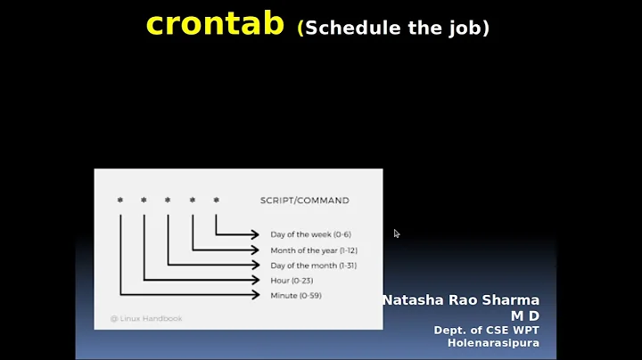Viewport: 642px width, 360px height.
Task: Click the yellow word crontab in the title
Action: coord(217,24)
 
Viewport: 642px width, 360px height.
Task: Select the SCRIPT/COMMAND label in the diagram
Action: coord(304,200)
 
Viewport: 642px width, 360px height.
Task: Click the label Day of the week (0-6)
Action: coord(310,234)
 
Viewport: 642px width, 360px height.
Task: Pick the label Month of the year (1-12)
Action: coord(314,250)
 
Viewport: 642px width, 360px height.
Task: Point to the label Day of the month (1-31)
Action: coord(313,266)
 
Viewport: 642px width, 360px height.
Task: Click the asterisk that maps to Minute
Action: coord(120,200)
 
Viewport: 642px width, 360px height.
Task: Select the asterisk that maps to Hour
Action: coord(144,200)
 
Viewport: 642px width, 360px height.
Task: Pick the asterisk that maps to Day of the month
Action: coord(168,200)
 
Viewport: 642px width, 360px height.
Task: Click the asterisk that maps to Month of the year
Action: coord(192,200)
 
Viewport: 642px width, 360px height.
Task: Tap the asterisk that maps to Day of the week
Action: coord(216,200)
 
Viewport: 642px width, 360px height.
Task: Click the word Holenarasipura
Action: coord(493,342)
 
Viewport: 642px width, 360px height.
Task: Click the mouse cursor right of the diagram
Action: coord(397,233)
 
